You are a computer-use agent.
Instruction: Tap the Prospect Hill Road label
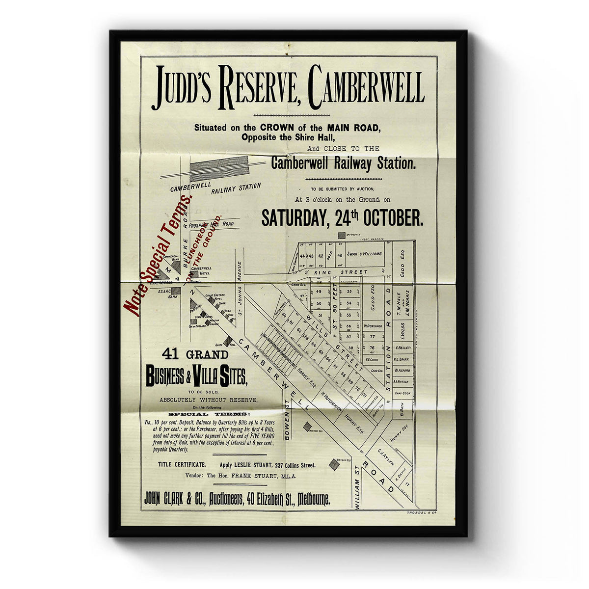coord(211,224)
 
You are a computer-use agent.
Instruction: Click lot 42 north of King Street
coord(320,256)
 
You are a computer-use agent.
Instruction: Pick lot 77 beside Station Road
coord(373,337)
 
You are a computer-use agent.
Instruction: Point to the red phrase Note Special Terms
coord(157,255)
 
